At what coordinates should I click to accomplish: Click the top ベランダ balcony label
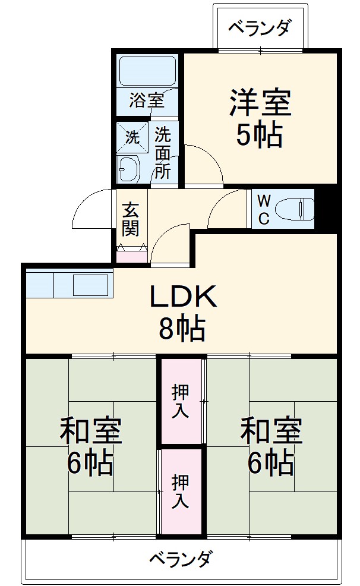(x=260, y=27)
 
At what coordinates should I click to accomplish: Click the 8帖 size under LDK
(x=182, y=328)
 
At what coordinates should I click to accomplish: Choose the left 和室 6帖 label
(x=91, y=447)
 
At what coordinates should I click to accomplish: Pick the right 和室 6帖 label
(x=271, y=447)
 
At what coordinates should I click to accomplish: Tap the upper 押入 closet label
(x=181, y=401)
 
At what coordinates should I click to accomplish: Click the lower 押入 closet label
(x=181, y=490)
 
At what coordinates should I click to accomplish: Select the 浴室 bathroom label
(x=146, y=100)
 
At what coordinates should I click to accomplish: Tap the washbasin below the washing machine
(x=128, y=169)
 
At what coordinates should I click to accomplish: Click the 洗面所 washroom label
(x=163, y=153)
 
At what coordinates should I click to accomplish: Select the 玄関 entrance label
(x=131, y=219)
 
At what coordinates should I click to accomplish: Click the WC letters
(x=264, y=209)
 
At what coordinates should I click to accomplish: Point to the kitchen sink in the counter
(x=91, y=284)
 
